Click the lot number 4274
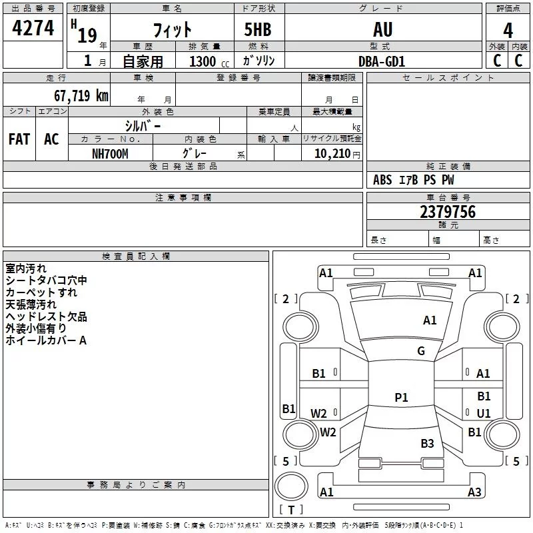[33, 28]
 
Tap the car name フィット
[173, 30]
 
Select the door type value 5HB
[258, 29]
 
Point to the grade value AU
[382, 29]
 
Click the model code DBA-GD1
[381, 61]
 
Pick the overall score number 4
[508, 30]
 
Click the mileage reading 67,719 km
[81, 95]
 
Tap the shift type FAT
[19, 139]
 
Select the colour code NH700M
[110, 154]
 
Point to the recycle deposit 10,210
[332, 154]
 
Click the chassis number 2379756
[448, 212]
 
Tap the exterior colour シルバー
[143, 126]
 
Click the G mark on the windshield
[421, 350]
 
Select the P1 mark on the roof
[401, 397]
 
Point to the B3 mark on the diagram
[427, 443]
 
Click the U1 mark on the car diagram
[484, 413]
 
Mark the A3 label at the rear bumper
[474, 492]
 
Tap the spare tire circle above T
[291, 486]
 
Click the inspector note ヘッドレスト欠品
[46, 316]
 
